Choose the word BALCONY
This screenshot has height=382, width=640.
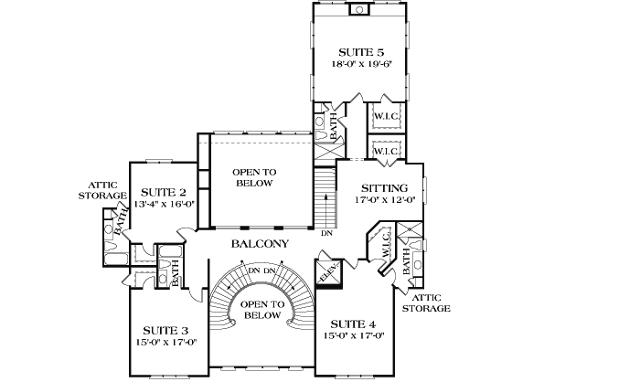pos(260,244)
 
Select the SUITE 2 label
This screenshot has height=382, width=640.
pos(164,192)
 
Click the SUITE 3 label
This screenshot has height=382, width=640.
pos(165,330)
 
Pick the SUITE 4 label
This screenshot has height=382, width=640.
pos(352,324)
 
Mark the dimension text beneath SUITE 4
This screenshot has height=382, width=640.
pos(352,336)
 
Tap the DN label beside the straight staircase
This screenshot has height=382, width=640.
pos(326,233)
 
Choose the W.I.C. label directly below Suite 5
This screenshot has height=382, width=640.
pos(386,116)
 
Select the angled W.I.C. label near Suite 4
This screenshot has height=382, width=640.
pos(386,246)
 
